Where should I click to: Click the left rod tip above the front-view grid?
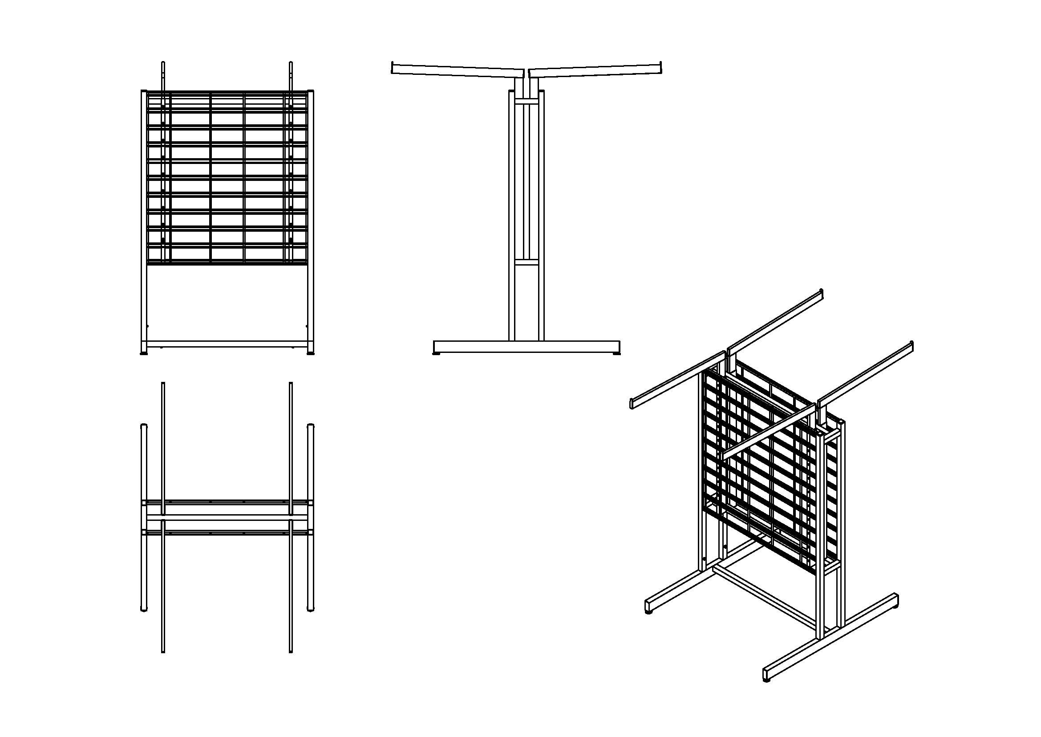(163, 64)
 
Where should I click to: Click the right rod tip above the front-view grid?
(291, 64)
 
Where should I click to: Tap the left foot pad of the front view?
(144, 352)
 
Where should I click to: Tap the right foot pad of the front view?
(311, 352)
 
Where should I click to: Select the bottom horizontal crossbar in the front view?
(227, 344)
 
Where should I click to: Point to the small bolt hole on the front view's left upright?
(148, 326)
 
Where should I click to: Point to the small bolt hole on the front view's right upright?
(307, 326)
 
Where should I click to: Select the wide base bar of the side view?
(527, 347)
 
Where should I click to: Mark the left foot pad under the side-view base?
(437, 354)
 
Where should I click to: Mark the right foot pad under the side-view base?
(616, 354)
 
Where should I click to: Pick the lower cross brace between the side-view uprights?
(527, 262)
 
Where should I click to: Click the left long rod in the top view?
(163, 517)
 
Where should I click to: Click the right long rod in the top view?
(291, 517)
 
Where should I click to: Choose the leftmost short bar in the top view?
(144, 517)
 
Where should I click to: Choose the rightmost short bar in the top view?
(311, 517)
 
